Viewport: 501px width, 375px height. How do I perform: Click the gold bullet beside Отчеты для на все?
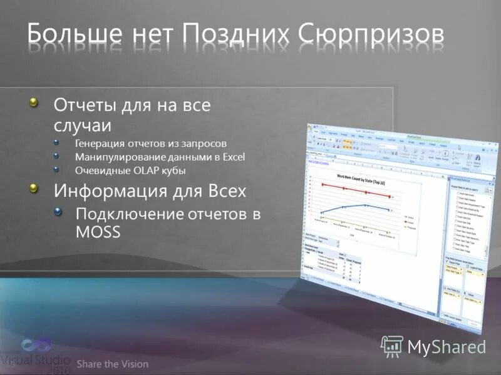(36, 102)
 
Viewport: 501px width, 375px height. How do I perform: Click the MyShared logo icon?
(392, 346)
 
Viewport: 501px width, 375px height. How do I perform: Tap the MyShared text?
(447, 346)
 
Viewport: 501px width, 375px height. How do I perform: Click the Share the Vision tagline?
(113, 364)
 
